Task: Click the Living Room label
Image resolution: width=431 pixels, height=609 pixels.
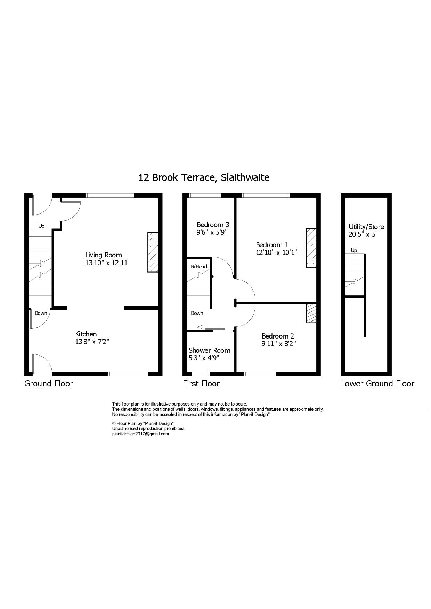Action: click(104, 255)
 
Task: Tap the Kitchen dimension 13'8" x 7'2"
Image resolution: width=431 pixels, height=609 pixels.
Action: click(92, 342)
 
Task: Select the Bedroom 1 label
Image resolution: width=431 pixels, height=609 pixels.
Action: click(272, 245)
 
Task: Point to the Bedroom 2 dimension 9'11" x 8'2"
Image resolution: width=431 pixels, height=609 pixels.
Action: click(279, 344)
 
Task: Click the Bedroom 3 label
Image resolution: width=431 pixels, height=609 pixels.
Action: click(213, 225)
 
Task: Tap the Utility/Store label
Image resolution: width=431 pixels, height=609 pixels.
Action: click(366, 227)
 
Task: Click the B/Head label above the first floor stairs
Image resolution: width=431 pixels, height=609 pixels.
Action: click(199, 267)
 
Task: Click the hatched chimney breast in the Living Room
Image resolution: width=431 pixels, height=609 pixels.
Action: click(153, 252)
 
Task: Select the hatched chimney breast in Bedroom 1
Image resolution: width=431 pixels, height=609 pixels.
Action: click(311, 248)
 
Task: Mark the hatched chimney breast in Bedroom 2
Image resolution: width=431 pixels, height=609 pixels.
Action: click(311, 313)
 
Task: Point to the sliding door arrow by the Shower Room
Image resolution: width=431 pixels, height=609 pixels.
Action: click(211, 327)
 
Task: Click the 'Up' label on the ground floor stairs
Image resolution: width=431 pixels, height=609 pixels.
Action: click(41, 226)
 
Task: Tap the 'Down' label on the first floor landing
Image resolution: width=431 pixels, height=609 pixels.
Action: click(197, 313)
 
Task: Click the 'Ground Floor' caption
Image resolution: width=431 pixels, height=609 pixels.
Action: click(49, 383)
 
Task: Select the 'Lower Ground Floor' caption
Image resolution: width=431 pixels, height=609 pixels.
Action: click(377, 383)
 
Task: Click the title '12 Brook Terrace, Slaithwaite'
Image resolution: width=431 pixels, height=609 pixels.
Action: click(204, 178)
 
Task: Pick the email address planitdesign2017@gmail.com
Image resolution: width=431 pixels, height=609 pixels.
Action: click(140, 434)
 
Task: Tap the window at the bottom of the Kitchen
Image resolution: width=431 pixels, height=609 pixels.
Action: click(128, 374)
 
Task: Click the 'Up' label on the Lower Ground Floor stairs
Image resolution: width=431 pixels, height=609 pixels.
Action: click(354, 250)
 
